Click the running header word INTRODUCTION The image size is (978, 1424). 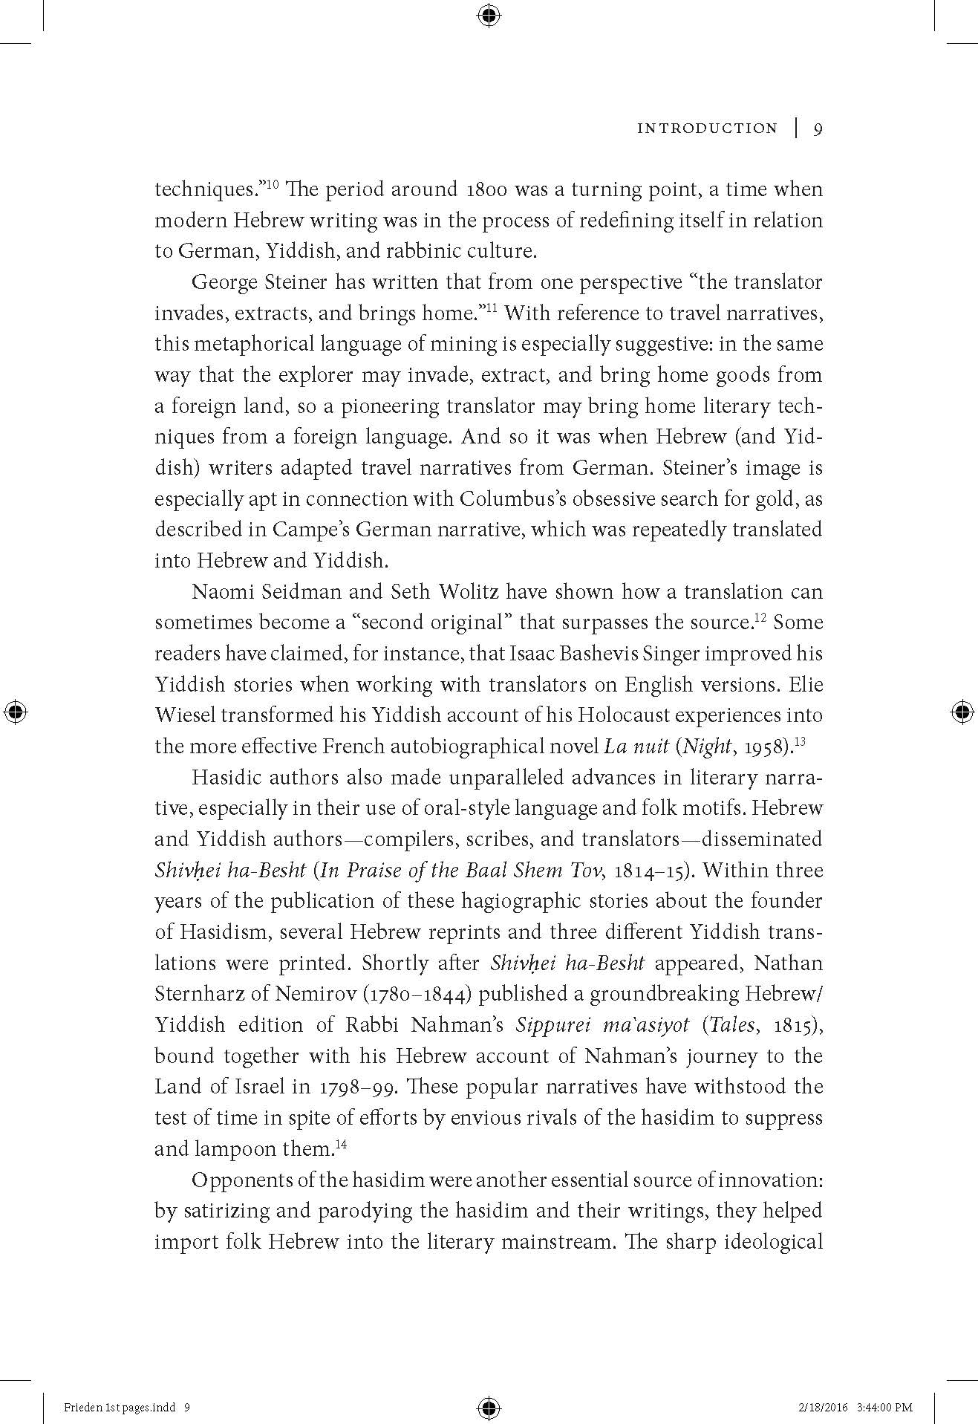point(707,129)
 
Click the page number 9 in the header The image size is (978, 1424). point(817,129)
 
